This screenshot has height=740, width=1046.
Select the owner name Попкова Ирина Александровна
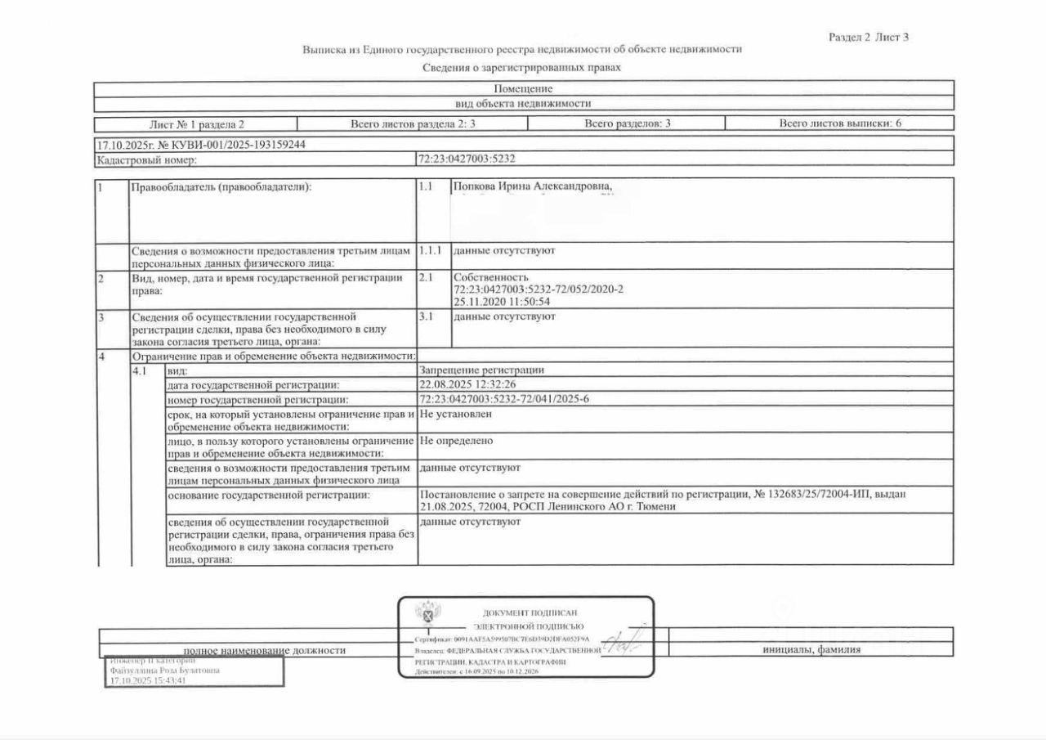click(x=532, y=187)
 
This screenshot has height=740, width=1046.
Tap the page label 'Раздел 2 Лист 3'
click(x=869, y=37)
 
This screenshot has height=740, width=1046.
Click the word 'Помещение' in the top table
click(x=523, y=88)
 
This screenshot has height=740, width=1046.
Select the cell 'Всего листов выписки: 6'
click(x=840, y=123)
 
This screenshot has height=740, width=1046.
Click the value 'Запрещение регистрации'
click(x=481, y=370)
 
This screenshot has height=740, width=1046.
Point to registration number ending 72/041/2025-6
click(x=504, y=399)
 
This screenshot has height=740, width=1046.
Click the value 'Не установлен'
click(x=455, y=414)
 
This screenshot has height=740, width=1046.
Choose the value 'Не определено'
click(x=456, y=441)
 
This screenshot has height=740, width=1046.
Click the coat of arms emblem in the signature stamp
click(x=426, y=612)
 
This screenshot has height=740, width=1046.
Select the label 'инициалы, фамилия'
click(x=811, y=650)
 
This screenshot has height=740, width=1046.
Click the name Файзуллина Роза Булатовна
click(x=164, y=669)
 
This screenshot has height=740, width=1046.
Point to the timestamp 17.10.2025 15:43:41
click(x=148, y=679)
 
